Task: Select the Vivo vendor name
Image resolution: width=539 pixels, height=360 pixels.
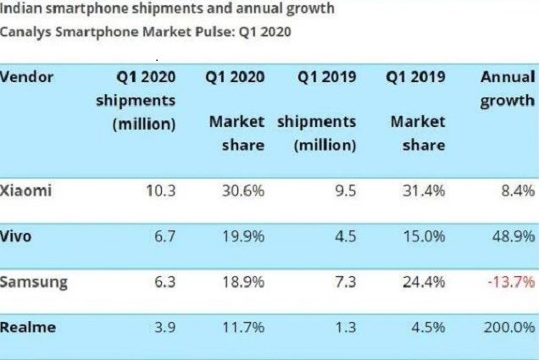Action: coord(17,236)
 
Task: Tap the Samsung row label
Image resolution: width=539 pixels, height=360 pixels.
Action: coord(34,280)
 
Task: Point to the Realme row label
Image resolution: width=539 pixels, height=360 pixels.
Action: coord(27,326)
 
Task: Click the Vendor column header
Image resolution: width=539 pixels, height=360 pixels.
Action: coord(27,77)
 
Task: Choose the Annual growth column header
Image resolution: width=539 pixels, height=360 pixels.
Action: coord(507,89)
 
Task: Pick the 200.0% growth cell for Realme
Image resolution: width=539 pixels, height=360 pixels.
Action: coord(506,327)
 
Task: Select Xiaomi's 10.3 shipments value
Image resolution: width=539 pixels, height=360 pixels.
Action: coord(159,191)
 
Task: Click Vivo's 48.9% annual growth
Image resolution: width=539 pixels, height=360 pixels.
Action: coord(508,236)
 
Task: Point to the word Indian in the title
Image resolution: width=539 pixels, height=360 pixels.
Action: coord(21,9)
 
